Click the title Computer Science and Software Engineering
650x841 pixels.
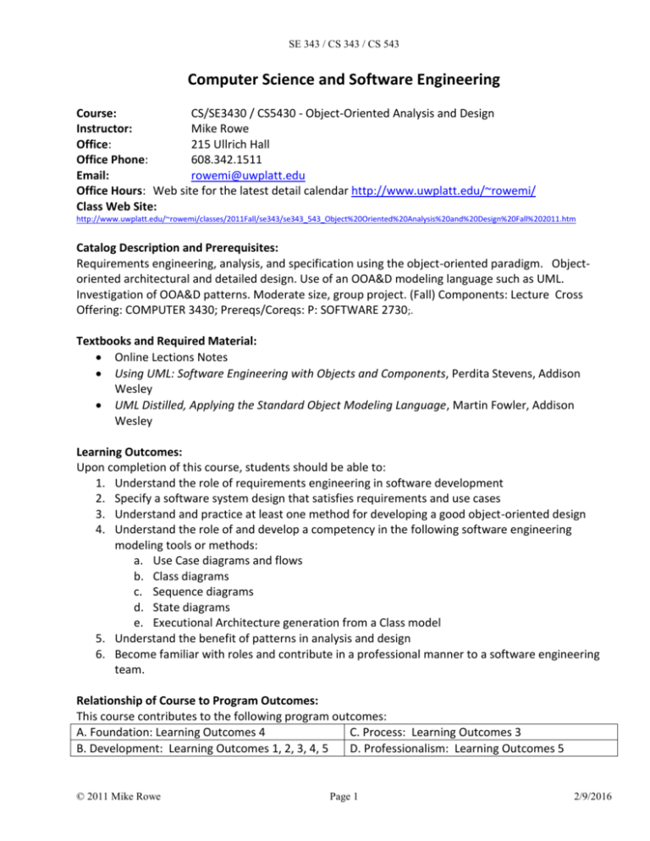click(325, 81)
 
